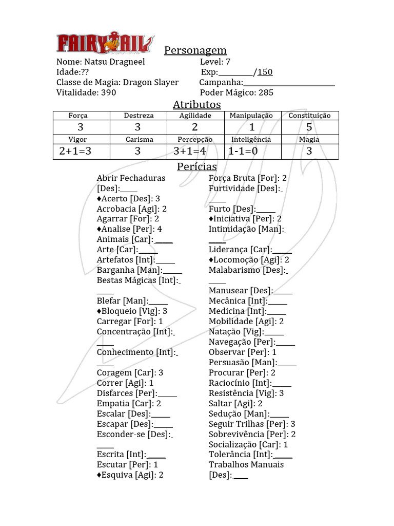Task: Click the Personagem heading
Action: pyautogui.click(x=195, y=50)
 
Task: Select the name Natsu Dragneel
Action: pyautogui.click(x=114, y=62)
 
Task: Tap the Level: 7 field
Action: pyautogui.click(x=215, y=62)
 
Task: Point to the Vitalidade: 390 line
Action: pyautogui.click(x=86, y=92)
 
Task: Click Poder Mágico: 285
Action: pyautogui.click(x=237, y=92)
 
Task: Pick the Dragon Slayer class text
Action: pyautogui.click(x=151, y=82)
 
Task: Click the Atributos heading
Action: pyautogui.click(x=196, y=104)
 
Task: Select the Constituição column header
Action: pyautogui.click(x=309, y=116)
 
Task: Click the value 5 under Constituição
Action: pyautogui.click(x=309, y=127)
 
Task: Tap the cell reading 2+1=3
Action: pyautogui.click(x=75, y=151)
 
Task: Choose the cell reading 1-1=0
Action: pyautogui.click(x=243, y=151)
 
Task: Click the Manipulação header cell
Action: pyautogui.click(x=251, y=116)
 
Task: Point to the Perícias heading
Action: pyautogui.click(x=196, y=166)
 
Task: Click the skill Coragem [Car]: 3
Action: pyautogui.click(x=130, y=372)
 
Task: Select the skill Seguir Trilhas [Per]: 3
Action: pyautogui.click(x=252, y=424)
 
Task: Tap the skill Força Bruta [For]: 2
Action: pyautogui.click(x=248, y=178)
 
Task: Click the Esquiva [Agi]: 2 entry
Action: pyautogui.click(x=130, y=475)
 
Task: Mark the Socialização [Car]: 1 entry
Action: pyautogui.click(x=248, y=444)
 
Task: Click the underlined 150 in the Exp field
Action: pyautogui.click(x=265, y=72)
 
